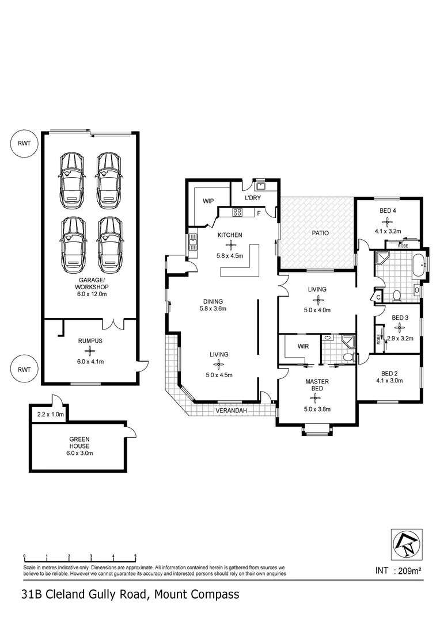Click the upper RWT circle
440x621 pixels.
pos(24,144)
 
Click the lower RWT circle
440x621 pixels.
pos(24,369)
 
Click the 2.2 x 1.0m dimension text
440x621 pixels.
pos(49,415)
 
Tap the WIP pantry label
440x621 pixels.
pos(208,201)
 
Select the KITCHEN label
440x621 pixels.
pos(229,235)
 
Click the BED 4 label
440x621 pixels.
pos(388,210)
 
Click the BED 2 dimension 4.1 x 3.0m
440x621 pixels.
pos(388,379)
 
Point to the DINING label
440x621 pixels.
pos(213,301)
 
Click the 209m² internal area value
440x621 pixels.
pos(415,571)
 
